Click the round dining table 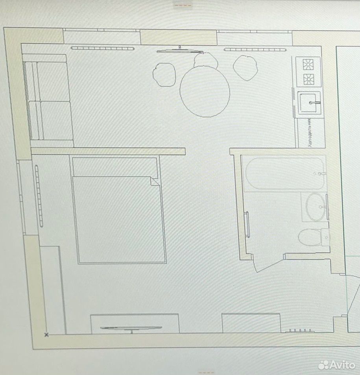click(x=205, y=91)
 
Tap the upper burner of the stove click(x=308, y=64)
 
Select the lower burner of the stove click(x=308, y=79)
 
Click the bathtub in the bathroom click(x=285, y=174)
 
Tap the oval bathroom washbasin click(x=316, y=207)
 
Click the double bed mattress click(x=119, y=220)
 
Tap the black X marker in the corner click(x=46, y=334)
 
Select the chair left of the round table click(x=164, y=74)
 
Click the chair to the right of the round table click(x=245, y=68)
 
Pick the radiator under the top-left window click(x=103, y=48)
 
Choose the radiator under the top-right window click(x=255, y=50)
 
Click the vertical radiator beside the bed click(x=39, y=196)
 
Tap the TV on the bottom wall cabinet click(x=131, y=328)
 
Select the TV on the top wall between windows click(x=180, y=51)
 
